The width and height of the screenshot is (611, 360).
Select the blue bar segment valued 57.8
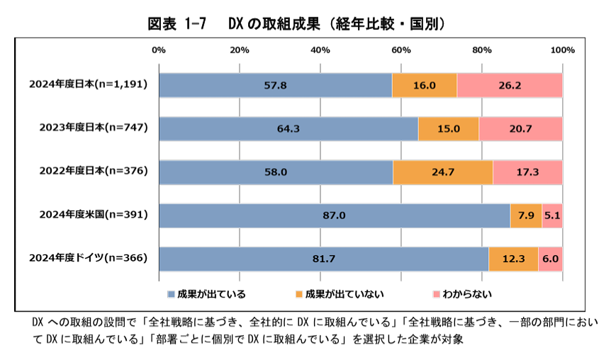pos(275,85)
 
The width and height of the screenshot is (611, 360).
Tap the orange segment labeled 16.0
pos(424,85)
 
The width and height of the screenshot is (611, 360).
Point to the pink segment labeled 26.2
pos(509,85)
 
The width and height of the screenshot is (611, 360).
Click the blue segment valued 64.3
pos(288,128)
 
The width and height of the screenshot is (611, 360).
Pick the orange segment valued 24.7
pos(442,171)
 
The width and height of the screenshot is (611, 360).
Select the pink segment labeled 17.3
pos(527,171)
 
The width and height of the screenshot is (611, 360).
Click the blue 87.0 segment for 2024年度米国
pos(334,215)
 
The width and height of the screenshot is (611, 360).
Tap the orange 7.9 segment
pos(526,215)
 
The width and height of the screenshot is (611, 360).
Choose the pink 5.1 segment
pos(552,215)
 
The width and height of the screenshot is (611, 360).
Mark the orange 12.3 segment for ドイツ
pos(513,259)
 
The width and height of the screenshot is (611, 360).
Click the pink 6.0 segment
pos(550,259)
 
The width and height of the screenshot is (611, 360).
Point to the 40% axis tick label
pos(320,50)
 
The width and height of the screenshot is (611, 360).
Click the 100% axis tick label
pos(562,50)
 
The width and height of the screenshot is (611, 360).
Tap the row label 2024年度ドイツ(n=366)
pos(88,259)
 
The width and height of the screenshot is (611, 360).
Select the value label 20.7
pos(521,128)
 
